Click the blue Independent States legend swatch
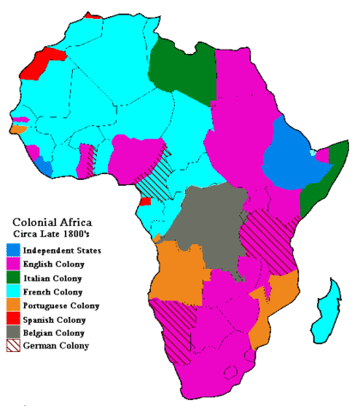(x=14, y=250)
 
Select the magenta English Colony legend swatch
(x=14, y=264)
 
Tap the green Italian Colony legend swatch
(x=14, y=277)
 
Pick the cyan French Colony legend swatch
(x=14, y=291)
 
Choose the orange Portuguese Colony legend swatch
(x=14, y=305)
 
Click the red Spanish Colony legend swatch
(x=14, y=319)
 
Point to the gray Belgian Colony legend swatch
(x=14, y=332)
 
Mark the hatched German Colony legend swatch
(x=14, y=346)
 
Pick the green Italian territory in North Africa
(x=180, y=68)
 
